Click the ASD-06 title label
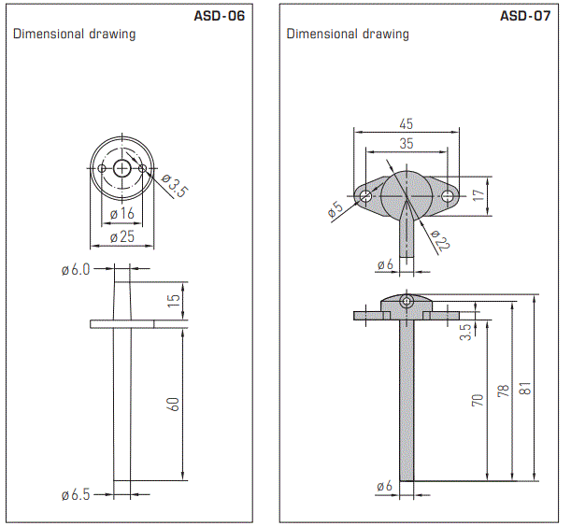click(220, 15)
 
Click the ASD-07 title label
click(527, 15)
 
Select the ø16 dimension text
click(121, 214)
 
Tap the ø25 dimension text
click(121, 237)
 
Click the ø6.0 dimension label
click(75, 270)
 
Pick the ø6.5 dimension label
click(75, 494)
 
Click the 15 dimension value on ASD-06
click(174, 302)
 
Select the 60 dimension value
click(173, 404)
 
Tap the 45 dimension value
click(406, 124)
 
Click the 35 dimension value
click(406, 143)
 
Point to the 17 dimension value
click(478, 196)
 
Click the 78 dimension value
click(504, 391)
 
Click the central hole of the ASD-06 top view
click(121, 168)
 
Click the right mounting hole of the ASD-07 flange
click(450, 196)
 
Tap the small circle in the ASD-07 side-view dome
click(407, 302)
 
